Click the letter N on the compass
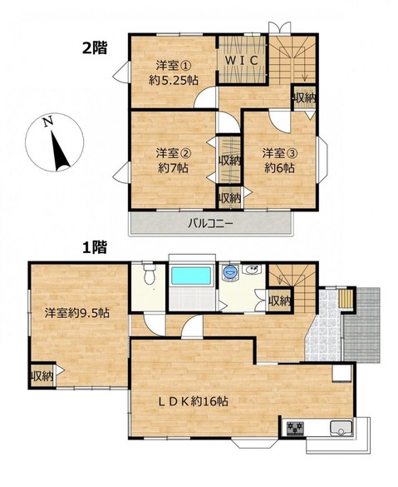(47, 122)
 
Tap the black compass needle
(60, 152)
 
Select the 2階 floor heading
(95, 47)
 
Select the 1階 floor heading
(95, 247)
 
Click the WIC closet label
(242, 61)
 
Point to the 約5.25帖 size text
(174, 81)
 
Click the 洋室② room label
(173, 153)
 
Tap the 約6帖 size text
(279, 168)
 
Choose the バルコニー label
(210, 223)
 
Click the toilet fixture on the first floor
(150, 274)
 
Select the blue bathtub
(191, 276)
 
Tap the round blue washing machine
(230, 273)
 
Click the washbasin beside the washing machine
(252, 270)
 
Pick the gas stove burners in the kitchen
(295, 429)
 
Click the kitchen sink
(341, 429)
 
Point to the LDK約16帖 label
(194, 401)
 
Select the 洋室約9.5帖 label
(77, 313)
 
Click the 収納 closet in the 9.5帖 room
(42, 376)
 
